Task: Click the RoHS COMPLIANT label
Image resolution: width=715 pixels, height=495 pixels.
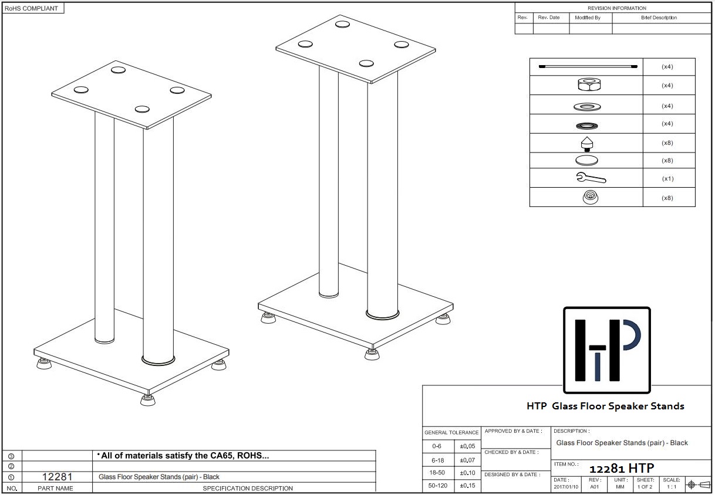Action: (x=32, y=8)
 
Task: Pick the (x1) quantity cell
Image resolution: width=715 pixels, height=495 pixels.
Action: (x=667, y=179)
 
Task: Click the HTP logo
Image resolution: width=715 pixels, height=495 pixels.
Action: (x=606, y=350)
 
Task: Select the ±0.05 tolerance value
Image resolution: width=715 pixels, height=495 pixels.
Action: (x=468, y=446)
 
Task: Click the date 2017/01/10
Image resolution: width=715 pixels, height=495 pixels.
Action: (x=566, y=487)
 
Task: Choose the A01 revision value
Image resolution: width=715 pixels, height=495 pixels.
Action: (x=595, y=487)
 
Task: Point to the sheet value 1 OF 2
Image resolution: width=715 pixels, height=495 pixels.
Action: (x=645, y=487)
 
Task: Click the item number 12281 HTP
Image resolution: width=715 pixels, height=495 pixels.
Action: (x=621, y=469)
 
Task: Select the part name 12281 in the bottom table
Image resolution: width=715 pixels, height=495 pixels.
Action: (x=57, y=477)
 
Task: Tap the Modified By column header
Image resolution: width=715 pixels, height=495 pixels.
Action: (x=588, y=18)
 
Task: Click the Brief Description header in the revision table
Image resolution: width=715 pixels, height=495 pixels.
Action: (x=659, y=18)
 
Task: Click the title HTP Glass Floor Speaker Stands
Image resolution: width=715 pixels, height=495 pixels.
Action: (x=605, y=406)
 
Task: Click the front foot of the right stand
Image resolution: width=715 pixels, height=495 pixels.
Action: (x=371, y=354)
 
